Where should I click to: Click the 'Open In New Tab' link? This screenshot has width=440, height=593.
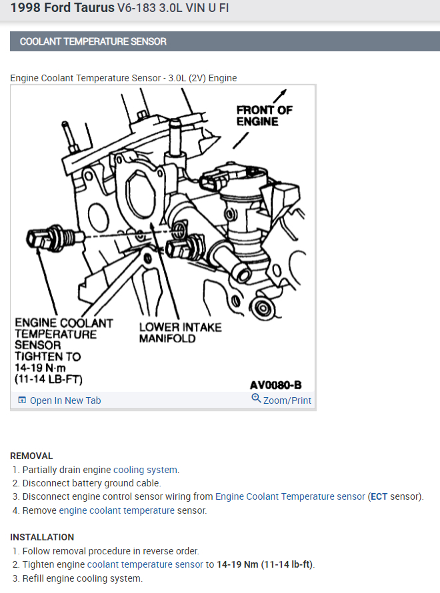point(65,400)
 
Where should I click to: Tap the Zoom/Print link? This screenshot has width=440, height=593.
point(287,400)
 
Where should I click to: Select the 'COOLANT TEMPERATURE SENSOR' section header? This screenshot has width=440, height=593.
point(93,41)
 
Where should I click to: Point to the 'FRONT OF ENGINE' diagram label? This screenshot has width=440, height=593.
point(264,115)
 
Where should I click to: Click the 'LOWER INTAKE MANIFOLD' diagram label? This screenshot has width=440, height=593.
point(180,332)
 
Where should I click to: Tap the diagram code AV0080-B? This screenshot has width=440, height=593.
point(275,385)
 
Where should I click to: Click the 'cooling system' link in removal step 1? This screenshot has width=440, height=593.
point(145,470)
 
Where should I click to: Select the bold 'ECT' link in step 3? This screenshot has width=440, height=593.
point(378,496)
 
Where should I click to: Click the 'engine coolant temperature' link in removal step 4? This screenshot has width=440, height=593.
point(117,510)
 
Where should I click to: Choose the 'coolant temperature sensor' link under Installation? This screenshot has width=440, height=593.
point(145,564)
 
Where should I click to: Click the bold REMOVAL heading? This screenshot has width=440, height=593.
point(31,456)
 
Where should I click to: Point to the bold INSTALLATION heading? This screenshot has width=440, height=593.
point(42,537)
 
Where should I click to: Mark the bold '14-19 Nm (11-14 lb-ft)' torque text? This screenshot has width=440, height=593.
point(265,564)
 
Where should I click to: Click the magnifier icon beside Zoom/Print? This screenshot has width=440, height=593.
point(256,399)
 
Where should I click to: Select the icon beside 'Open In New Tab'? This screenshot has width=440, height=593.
point(22,400)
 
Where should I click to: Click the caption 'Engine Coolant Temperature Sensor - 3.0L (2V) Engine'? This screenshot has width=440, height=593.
point(123,78)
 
